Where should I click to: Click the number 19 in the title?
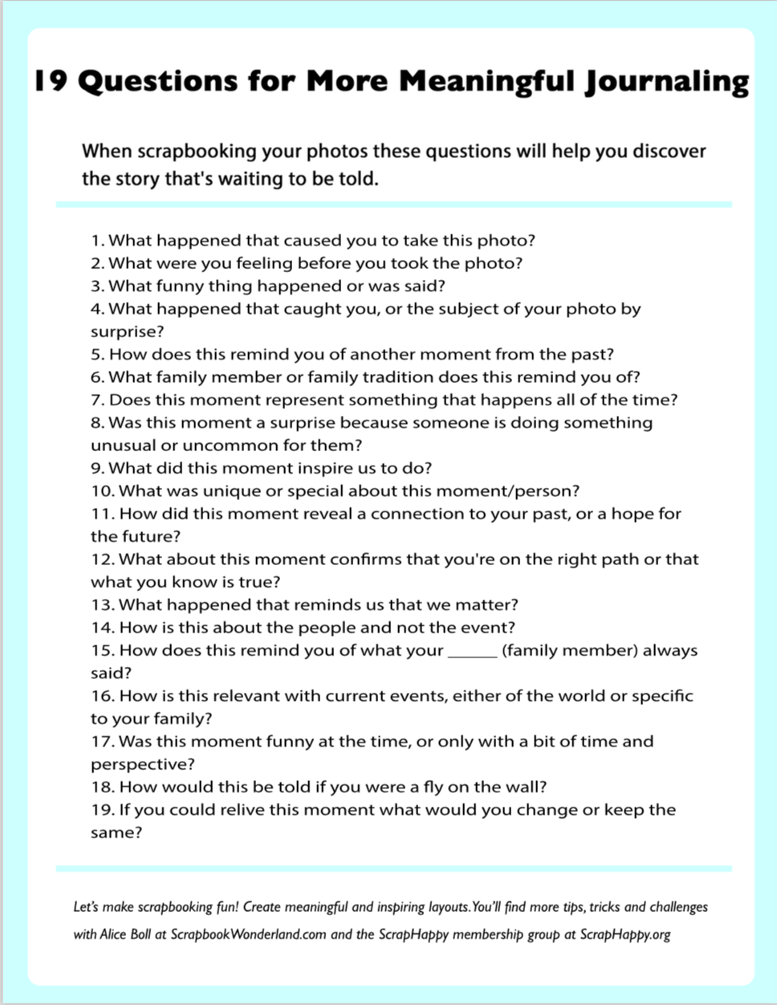(50, 81)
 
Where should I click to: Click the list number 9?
(97, 468)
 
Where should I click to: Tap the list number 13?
(102, 604)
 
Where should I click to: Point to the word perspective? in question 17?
(142, 764)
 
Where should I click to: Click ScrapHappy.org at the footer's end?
(624, 934)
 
